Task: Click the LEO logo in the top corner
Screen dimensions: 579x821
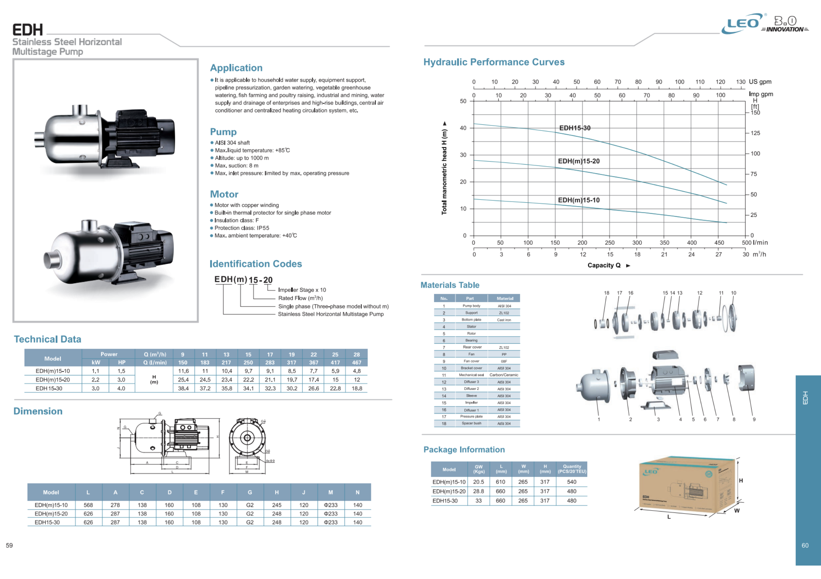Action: [x=742, y=24]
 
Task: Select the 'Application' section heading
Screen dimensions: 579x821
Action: [x=236, y=68]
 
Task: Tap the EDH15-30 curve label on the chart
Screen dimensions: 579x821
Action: [x=575, y=128]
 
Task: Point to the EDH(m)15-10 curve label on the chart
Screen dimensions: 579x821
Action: [x=578, y=200]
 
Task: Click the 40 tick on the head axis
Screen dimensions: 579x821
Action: [x=463, y=128]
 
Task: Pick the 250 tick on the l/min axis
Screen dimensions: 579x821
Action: [x=610, y=242]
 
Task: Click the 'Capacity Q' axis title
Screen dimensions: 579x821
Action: [x=604, y=265]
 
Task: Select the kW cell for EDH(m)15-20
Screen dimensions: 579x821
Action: [x=95, y=380]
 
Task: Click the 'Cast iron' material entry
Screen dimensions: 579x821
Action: [x=504, y=320]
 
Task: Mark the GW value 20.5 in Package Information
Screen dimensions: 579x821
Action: [x=478, y=482]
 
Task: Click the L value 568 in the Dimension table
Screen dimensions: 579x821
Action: [x=88, y=505]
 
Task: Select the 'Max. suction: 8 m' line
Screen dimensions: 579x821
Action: [x=236, y=166]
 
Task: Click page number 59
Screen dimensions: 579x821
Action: [x=9, y=545]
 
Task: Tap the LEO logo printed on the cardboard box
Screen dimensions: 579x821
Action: [x=651, y=472]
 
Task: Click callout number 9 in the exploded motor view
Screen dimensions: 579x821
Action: [x=754, y=419]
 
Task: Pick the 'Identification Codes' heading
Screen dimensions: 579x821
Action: [x=256, y=264]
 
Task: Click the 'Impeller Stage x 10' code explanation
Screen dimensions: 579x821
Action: [x=302, y=290]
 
